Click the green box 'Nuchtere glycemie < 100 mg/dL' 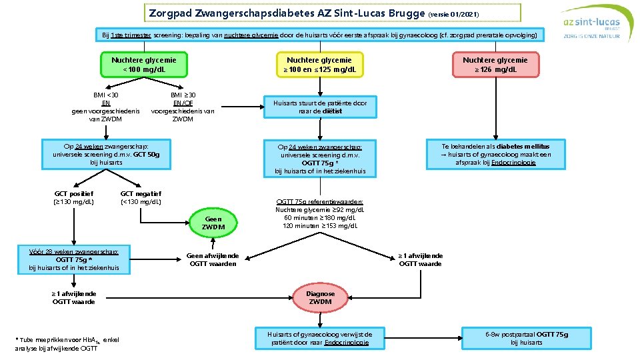pos(139,64)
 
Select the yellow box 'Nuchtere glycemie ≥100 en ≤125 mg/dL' pos(319,64)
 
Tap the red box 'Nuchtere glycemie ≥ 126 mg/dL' pos(495,64)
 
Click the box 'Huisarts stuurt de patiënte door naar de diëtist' pos(319,107)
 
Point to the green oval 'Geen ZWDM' pos(213,223)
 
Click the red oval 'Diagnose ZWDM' pos(320,297)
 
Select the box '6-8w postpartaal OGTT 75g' pos(526,338)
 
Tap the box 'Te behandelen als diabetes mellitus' pos(495,153)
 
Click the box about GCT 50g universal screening pos(106,153)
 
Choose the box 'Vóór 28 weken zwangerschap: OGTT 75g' pos(73,260)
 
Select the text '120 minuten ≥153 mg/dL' pos(320,226)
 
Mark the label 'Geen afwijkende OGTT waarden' pos(213,259)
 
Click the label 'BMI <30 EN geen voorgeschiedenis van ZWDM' pos(105,107)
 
